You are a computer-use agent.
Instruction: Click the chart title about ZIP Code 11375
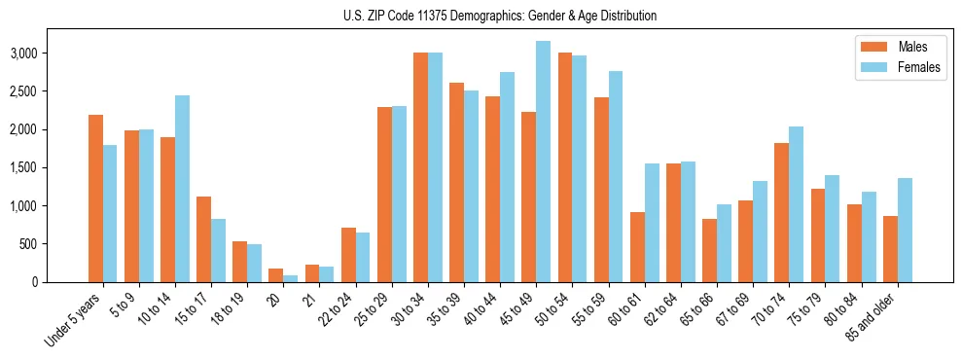point(500,16)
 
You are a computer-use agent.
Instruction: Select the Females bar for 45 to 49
point(543,162)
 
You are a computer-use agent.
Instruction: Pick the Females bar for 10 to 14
point(182,189)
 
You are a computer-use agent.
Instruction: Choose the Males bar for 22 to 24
point(348,255)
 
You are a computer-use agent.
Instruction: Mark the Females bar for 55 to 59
point(616,176)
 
